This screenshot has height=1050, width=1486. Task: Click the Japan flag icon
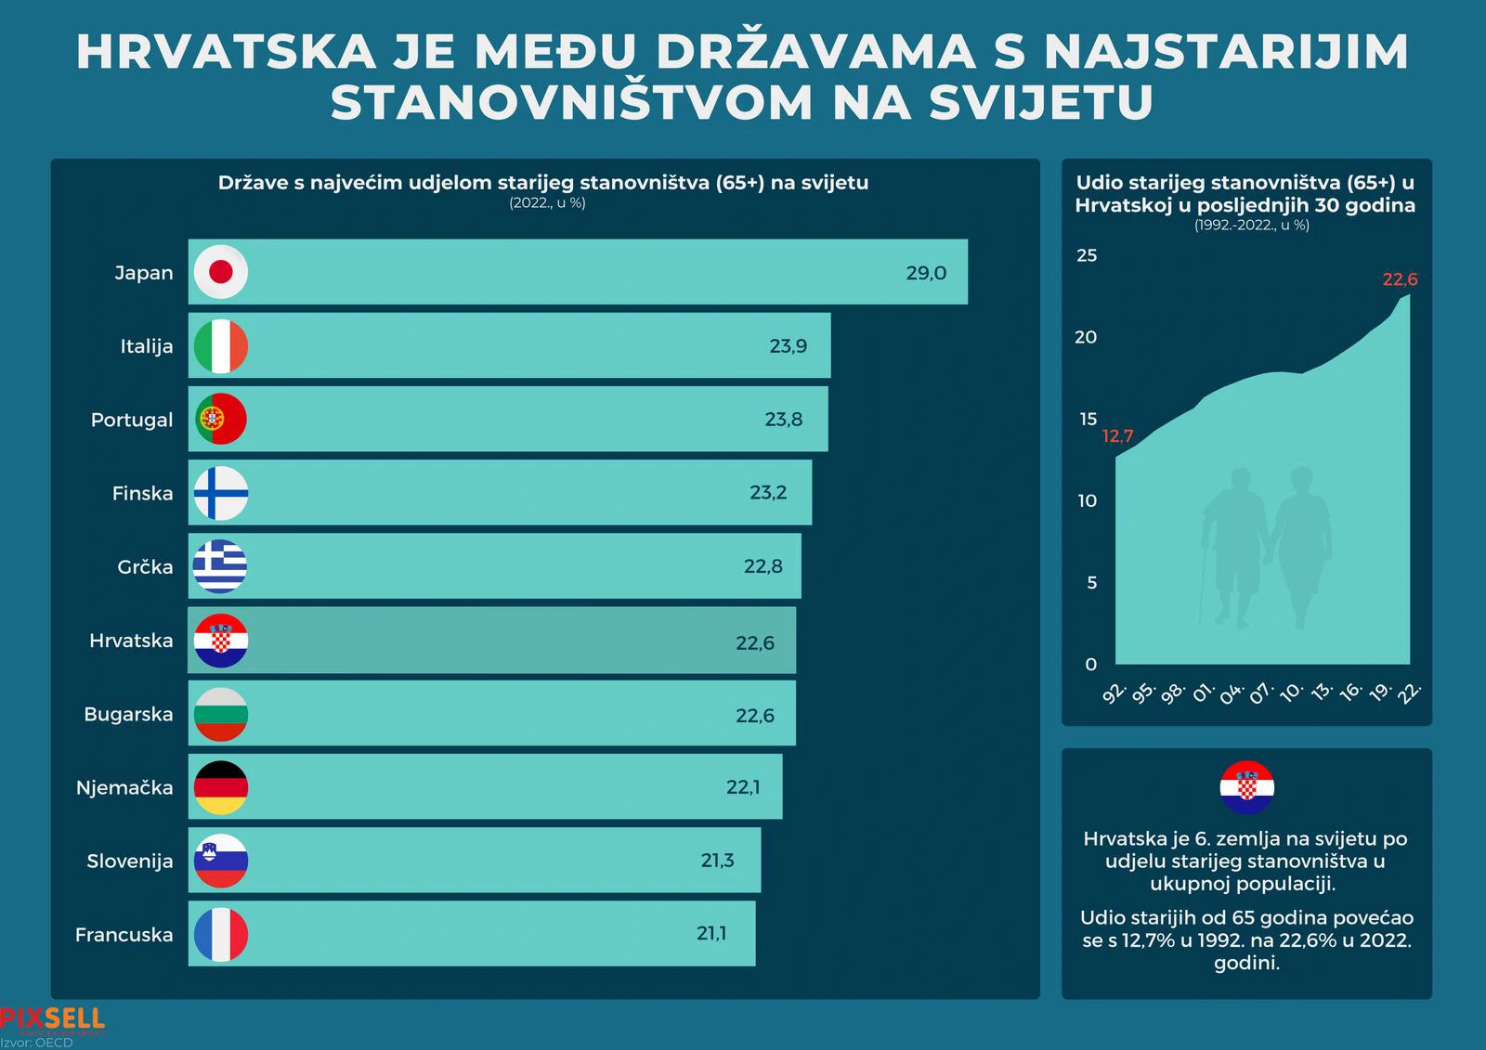click(x=221, y=272)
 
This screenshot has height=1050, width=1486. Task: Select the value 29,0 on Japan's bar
click(x=926, y=273)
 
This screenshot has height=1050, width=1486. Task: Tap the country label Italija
click(x=147, y=346)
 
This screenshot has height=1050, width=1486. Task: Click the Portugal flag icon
click(x=221, y=419)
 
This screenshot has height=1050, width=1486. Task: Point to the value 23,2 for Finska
click(x=768, y=493)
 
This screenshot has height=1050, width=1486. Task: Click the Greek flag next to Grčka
click(x=221, y=565)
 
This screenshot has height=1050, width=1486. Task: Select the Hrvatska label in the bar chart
click(x=131, y=641)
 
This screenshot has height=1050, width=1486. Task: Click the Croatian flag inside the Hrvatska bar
click(x=221, y=641)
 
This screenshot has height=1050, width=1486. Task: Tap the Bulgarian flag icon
click(x=221, y=714)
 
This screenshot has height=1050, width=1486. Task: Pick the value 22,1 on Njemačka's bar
click(x=743, y=787)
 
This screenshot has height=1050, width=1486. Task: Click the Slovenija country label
click(x=130, y=861)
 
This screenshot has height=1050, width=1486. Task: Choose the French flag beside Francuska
click(x=221, y=934)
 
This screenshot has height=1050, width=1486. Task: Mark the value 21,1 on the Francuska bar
click(x=711, y=934)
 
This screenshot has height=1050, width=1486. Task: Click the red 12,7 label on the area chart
click(x=1117, y=436)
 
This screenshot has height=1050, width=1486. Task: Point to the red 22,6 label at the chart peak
click(x=1400, y=279)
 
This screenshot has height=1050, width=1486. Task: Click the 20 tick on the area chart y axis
click(x=1086, y=337)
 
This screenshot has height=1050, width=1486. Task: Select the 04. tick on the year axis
click(x=1232, y=694)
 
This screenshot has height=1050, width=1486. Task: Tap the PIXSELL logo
click(x=52, y=1019)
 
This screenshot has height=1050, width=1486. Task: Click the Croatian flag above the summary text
click(x=1246, y=787)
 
